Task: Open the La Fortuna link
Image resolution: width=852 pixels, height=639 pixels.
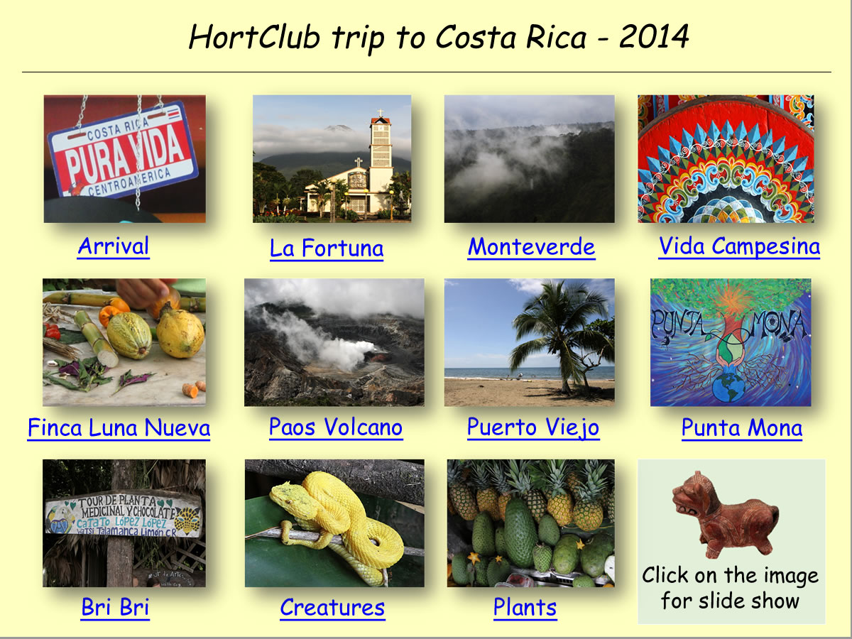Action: tap(327, 248)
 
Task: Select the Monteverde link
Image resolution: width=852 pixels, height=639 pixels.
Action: tap(531, 247)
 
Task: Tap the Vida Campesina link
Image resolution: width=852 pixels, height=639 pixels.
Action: tap(739, 246)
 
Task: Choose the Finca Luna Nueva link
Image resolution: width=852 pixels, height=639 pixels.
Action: tap(119, 428)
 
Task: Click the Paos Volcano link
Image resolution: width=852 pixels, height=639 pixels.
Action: tap(336, 427)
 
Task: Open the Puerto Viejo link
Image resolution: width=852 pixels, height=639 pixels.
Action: tap(533, 428)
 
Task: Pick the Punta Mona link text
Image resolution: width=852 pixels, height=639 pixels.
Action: tap(742, 428)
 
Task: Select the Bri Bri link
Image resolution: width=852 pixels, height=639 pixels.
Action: tap(115, 607)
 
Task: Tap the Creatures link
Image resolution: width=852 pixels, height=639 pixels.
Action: tap(332, 608)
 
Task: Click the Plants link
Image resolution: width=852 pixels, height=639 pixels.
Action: tap(525, 608)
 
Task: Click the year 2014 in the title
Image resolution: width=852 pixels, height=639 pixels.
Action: tap(654, 37)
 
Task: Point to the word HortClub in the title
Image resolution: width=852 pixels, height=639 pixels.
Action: tap(254, 37)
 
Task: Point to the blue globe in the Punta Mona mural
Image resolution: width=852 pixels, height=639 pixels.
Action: tap(728, 386)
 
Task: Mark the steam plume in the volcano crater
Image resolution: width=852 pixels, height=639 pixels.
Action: tap(323, 342)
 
